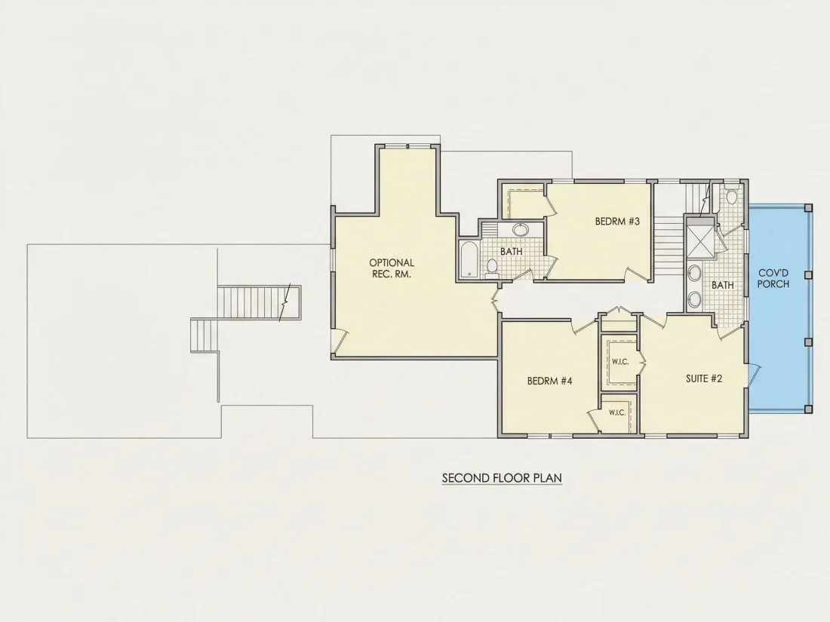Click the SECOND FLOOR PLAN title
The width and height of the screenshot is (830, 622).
pyautogui.click(x=502, y=478)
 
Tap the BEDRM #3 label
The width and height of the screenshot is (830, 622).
pyautogui.click(x=617, y=222)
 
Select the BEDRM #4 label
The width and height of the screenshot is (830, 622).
pyautogui.click(x=549, y=381)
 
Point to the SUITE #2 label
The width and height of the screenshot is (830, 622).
pyautogui.click(x=704, y=378)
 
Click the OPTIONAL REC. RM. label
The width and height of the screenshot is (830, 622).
pyautogui.click(x=392, y=268)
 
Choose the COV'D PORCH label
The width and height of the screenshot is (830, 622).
pyautogui.click(x=773, y=278)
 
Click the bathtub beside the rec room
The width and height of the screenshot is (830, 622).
pyautogui.click(x=469, y=259)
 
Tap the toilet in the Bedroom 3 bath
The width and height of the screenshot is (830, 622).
pyautogui.click(x=492, y=268)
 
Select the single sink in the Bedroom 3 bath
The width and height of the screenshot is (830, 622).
pyautogui.click(x=521, y=229)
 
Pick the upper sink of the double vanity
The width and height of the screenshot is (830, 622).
pyautogui.click(x=694, y=273)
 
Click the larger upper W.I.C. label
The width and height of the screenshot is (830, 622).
pyautogui.click(x=619, y=362)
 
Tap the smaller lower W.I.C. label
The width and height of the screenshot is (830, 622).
pyautogui.click(x=617, y=412)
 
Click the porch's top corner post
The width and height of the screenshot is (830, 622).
pyautogui.click(x=808, y=208)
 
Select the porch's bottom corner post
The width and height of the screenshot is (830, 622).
pyautogui.click(x=808, y=409)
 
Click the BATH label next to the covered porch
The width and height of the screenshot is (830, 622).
pyautogui.click(x=723, y=285)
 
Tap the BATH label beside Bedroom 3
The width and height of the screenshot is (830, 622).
pyautogui.click(x=512, y=252)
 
